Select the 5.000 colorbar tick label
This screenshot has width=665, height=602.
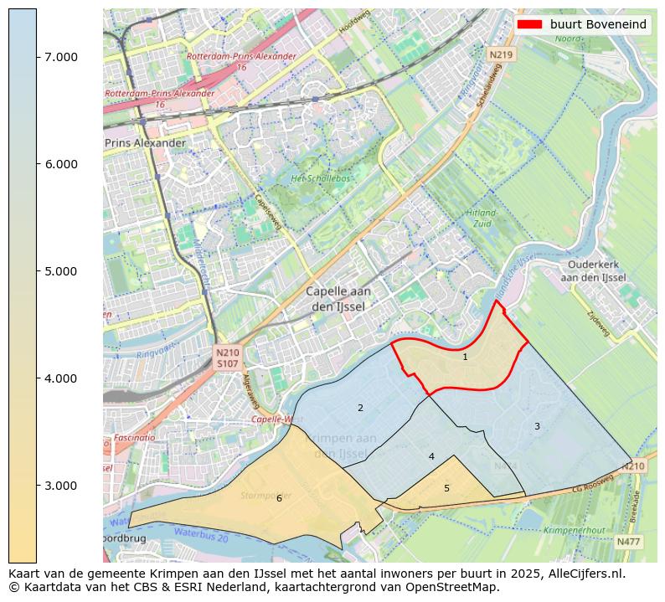point(60,271)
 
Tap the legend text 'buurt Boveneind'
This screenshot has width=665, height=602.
point(598,24)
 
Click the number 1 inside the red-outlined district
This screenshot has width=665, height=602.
point(465,357)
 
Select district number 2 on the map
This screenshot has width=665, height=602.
point(360,409)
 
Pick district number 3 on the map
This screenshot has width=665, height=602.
point(537,426)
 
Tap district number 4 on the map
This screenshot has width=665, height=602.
point(431,456)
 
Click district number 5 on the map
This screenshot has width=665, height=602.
point(446,488)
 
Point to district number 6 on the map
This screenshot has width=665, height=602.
point(279,498)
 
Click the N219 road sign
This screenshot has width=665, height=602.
point(500,54)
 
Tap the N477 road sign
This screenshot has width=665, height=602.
point(628,542)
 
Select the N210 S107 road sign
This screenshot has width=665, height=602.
point(227,358)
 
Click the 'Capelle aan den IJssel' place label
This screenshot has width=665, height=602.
point(338,299)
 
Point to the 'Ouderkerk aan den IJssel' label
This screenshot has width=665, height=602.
point(593,270)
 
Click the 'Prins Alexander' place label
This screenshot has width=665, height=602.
point(145,143)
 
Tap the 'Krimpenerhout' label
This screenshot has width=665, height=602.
point(574,530)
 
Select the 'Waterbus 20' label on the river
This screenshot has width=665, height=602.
point(200,534)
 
